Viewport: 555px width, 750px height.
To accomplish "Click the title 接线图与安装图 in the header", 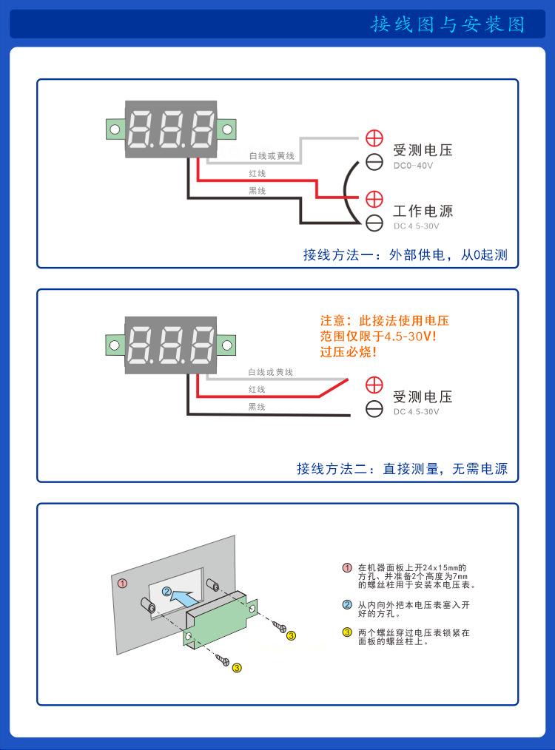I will pyautogui.click(x=448, y=24).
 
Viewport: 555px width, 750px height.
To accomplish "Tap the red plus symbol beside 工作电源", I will pyautogui.click(x=375, y=198).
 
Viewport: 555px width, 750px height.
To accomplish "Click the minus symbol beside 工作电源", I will pyautogui.click(x=375, y=220).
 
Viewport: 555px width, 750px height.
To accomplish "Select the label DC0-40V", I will pyautogui.click(x=413, y=166).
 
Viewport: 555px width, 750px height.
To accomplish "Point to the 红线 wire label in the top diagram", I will pyautogui.click(x=257, y=173).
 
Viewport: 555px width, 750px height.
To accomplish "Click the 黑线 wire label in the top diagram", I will pyautogui.click(x=257, y=191).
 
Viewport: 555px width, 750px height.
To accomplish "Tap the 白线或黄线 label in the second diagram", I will pyautogui.click(x=270, y=372).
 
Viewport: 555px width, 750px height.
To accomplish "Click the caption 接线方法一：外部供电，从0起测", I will pyautogui.click(x=405, y=255).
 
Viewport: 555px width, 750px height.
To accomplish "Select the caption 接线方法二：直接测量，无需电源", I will pyautogui.click(x=402, y=469).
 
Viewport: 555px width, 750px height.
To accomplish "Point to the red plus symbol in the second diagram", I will pyautogui.click(x=375, y=385).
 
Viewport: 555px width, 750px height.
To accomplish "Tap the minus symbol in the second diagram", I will pyautogui.click(x=375, y=408).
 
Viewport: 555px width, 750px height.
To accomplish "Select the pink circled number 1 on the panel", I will pyautogui.click(x=124, y=583).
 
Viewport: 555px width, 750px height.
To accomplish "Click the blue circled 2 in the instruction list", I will pyautogui.click(x=347, y=605).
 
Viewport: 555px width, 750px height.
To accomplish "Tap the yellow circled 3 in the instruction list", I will pyautogui.click(x=347, y=632).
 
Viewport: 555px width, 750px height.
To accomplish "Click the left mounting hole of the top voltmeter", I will pyautogui.click(x=115, y=129).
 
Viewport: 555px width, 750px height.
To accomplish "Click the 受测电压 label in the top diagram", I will pyautogui.click(x=422, y=150).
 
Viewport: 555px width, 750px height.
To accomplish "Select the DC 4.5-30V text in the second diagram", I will pyautogui.click(x=416, y=412).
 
